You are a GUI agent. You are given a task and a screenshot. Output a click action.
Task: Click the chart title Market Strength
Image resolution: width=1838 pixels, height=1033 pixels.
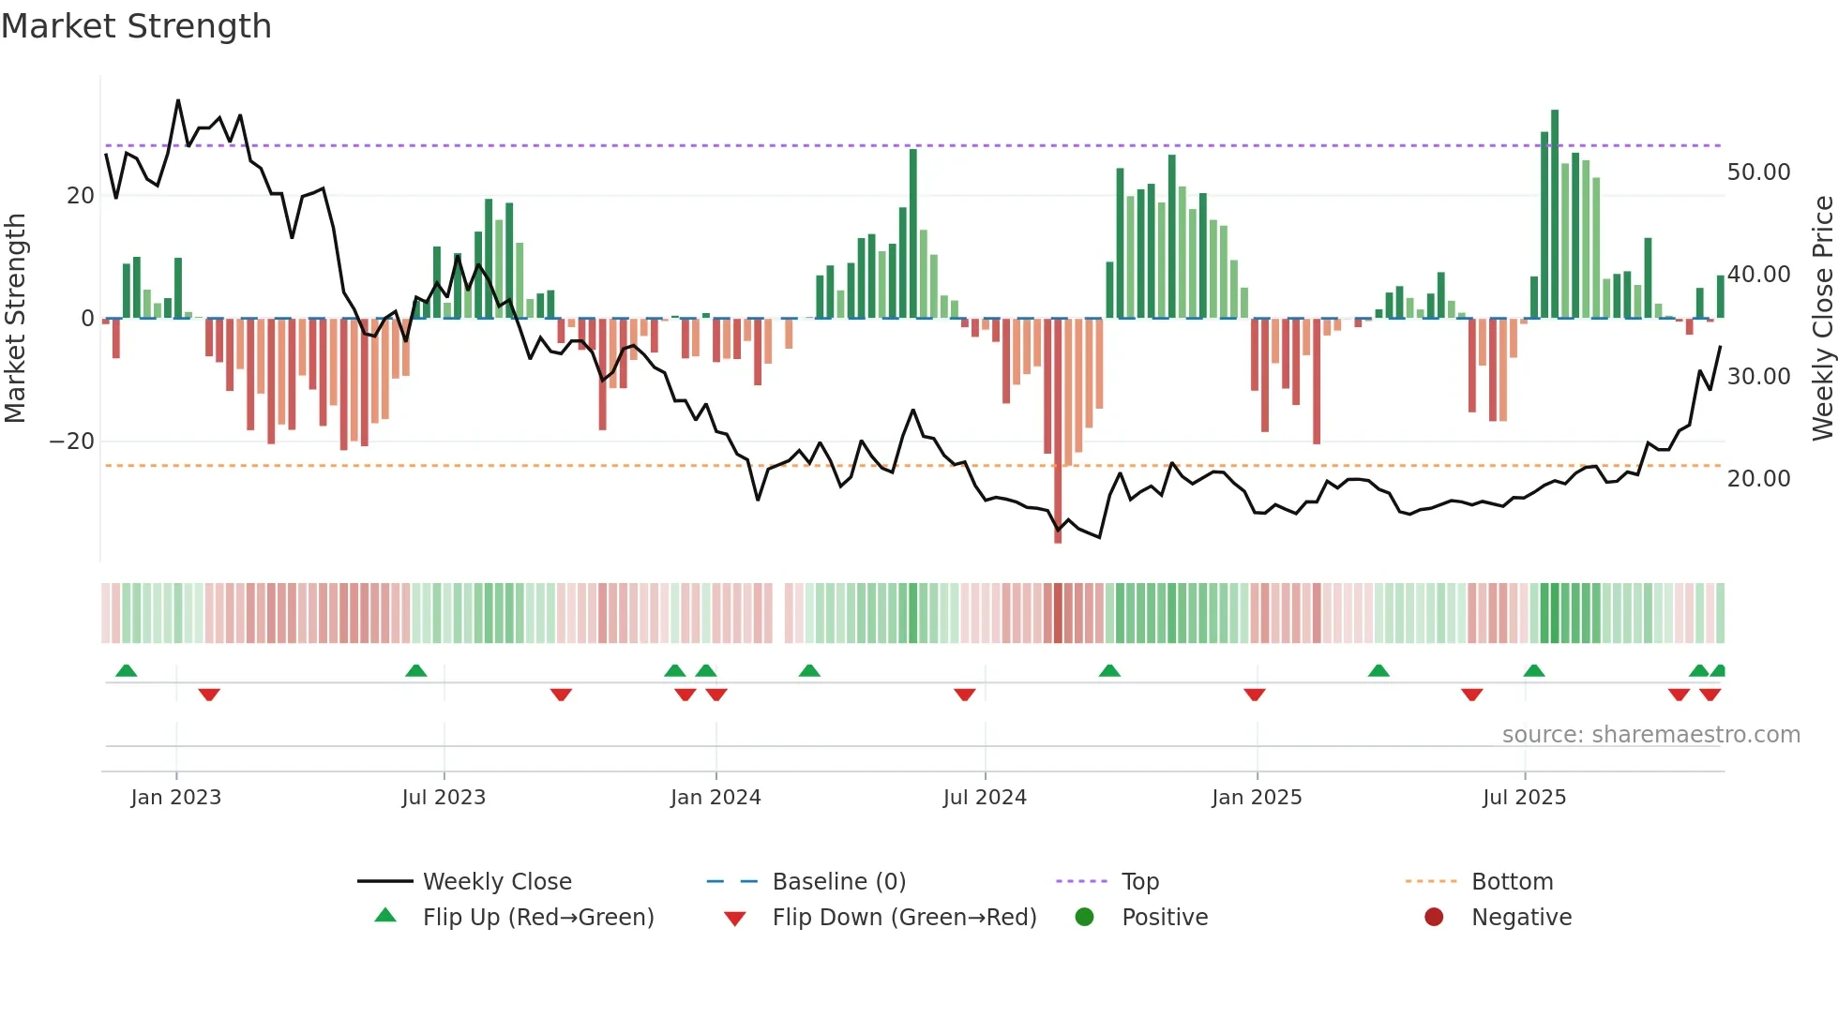(x=136, y=26)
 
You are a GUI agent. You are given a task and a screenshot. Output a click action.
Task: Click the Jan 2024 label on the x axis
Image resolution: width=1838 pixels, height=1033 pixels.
(x=716, y=798)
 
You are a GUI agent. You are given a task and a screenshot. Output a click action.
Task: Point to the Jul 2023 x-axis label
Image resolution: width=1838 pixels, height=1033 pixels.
(x=444, y=798)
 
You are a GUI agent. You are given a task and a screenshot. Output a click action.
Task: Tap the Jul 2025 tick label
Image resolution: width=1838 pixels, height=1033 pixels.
(x=1524, y=798)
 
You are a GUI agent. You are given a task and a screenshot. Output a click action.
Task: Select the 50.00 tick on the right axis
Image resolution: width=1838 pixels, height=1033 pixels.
(x=1758, y=172)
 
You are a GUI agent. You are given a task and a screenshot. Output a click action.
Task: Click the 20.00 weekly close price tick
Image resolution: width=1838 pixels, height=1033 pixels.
(x=1758, y=479)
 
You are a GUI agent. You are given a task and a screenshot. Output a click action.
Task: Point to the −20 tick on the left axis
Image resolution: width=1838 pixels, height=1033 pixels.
(x=72, y=442)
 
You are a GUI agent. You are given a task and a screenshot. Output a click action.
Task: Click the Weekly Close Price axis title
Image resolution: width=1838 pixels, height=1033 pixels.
(x=1822, y=318)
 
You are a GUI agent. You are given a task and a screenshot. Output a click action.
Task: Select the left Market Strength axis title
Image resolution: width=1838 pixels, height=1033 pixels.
(x=15, y=318)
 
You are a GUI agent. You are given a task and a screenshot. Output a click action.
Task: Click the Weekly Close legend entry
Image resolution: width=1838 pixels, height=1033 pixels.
(x=496, y=882)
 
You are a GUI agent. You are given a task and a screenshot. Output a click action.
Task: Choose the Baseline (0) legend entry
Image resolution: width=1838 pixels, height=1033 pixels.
(x=838, y=882)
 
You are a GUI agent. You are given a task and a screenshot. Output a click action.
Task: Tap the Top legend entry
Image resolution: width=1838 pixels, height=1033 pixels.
(x=1139, y=882)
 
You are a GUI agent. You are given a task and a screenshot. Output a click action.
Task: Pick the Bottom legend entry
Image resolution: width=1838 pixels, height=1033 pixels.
(x=1512, y=882)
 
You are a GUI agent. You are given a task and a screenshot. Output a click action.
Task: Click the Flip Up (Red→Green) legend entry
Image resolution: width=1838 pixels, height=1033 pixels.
(x=537, y=918)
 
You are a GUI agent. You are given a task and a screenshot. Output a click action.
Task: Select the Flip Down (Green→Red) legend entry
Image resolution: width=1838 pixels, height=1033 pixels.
(x=904, y=918)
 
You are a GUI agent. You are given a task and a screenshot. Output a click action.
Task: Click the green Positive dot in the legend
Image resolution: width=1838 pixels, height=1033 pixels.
(x=1085, y=918)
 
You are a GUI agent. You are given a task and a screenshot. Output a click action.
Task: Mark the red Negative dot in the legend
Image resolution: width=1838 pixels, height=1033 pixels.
(x=1434, y=918)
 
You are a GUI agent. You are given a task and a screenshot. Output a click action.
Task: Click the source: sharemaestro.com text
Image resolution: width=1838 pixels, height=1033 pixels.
(x=1650, y=735)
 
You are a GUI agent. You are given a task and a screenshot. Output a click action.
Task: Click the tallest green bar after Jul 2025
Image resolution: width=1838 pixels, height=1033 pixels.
(x=1555, y=214)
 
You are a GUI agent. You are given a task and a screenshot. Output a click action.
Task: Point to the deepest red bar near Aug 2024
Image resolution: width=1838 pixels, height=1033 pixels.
(x=1058, y=431)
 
